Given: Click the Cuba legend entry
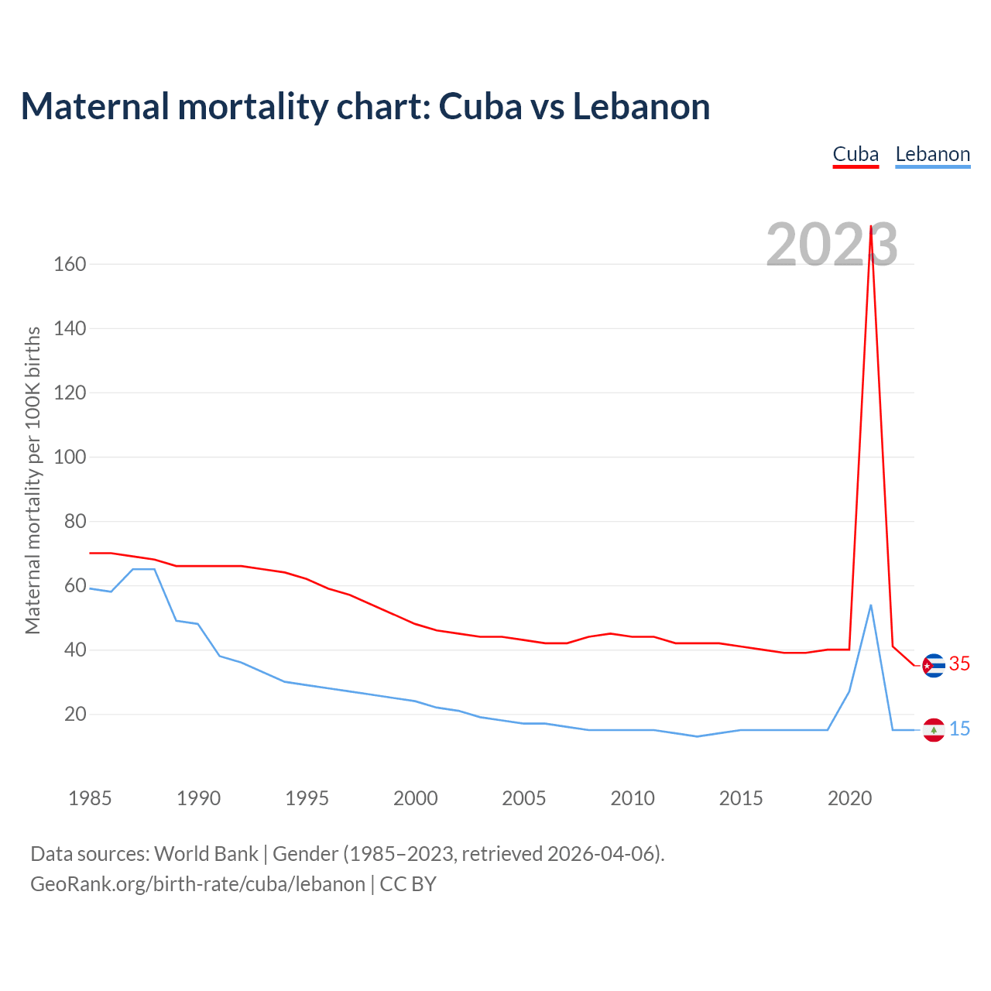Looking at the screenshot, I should click(856, 155).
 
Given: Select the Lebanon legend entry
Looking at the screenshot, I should click(932, 155).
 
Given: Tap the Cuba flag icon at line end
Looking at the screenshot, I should click(934, 665).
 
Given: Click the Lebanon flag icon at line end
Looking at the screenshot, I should click(934, 729).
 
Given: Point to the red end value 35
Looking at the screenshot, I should click(959, 664).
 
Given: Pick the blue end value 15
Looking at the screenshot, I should click(959, 729).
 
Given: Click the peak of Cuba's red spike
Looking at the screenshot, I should click(871, 227).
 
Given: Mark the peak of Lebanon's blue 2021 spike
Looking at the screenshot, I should click(871, 605).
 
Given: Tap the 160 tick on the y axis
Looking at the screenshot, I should click(70, 264).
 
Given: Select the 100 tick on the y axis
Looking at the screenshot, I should click(70, 457).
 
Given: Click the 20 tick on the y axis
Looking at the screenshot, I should click(75, 714).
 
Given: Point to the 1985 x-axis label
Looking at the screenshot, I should click(90, 798).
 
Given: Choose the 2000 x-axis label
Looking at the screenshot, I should click(416, 798).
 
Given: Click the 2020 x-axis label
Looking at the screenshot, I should click(849, 798).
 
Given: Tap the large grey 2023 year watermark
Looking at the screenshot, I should click(832, 245).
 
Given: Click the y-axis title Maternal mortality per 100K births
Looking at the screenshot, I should click(33, 480).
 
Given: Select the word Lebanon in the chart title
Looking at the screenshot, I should click(641, 107).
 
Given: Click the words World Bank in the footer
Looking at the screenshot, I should click(206, 854).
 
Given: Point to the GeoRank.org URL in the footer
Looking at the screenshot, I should click(197, 884).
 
